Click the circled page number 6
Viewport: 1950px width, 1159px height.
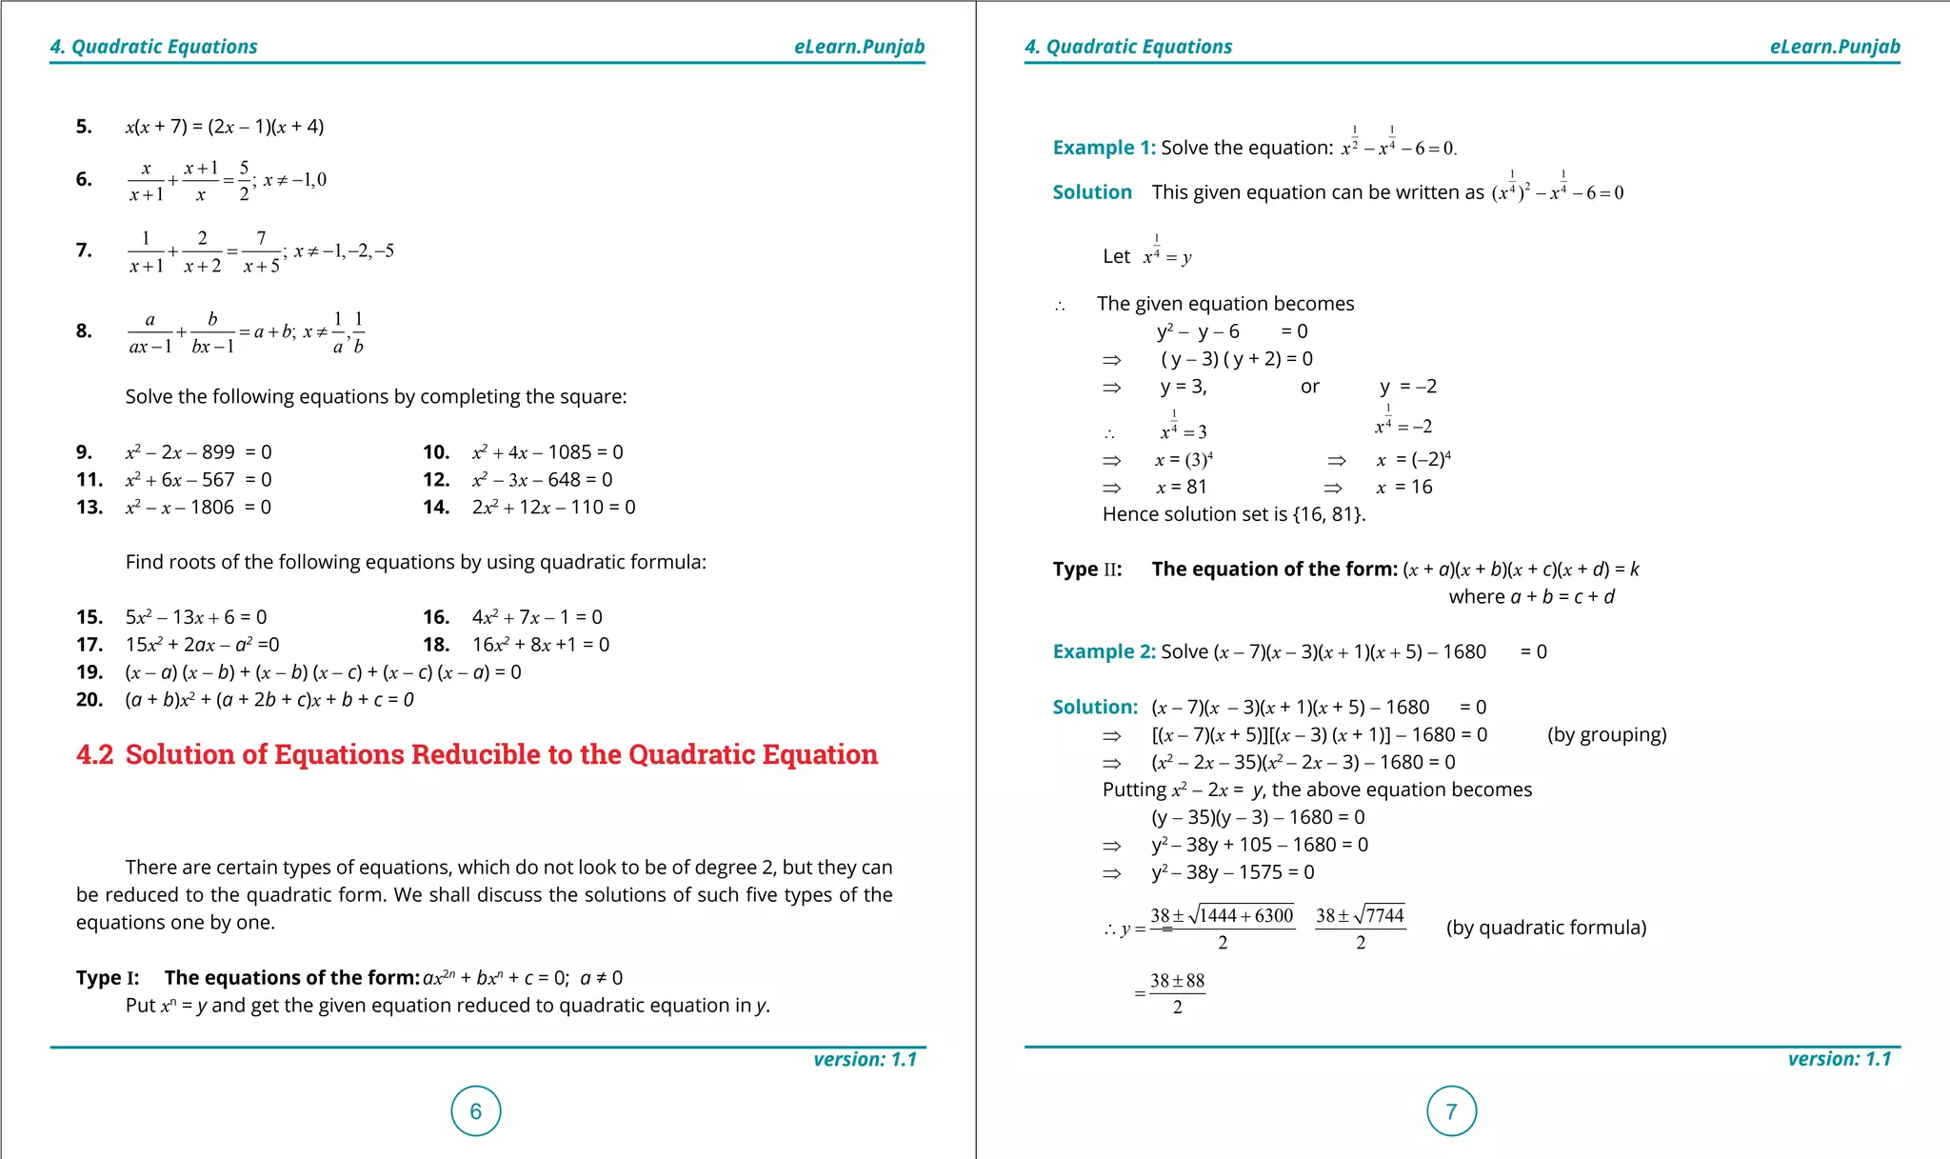point(476,1110)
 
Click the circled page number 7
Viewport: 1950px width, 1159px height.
point(1451,1110)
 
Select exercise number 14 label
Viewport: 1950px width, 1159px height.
point(436,508)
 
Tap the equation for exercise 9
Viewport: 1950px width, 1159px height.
point(198,452)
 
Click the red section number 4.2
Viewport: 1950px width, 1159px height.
point(94,754)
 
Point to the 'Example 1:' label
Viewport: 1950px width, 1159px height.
point(1104,148)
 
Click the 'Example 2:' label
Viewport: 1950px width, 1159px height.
point(1104,651)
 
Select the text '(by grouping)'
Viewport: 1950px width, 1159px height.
point(1606,734)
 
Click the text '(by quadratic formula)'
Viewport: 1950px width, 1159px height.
point(1545,928)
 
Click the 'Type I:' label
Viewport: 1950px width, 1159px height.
point(108,978)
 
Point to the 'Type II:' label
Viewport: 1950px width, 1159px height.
point(1086,570)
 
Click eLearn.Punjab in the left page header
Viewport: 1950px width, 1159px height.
point(859,47)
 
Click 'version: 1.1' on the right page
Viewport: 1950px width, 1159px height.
point(1839,1059)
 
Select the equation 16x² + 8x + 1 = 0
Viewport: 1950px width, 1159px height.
point(541,645)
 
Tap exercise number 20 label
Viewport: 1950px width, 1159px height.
point(90,700)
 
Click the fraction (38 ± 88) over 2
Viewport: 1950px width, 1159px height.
point(1177,993)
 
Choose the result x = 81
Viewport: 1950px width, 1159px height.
point(1181,488)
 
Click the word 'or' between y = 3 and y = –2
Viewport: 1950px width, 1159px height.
point(1309,387)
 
